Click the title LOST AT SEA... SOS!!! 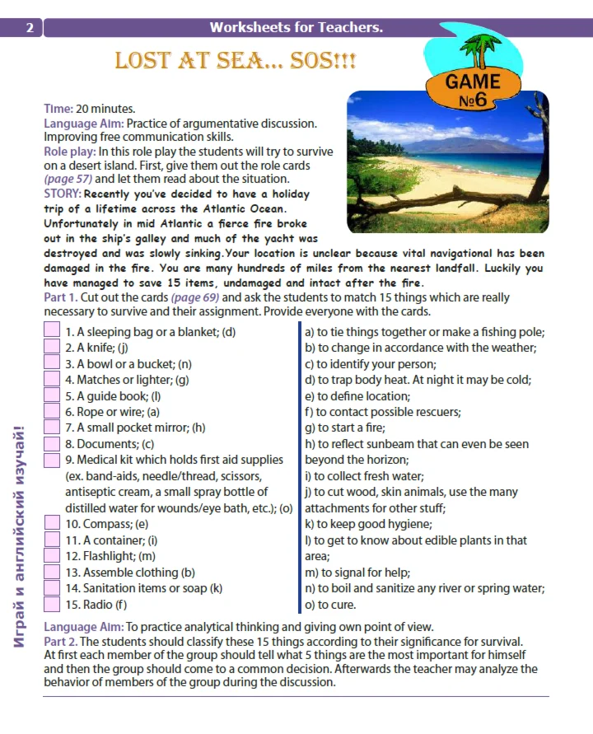point(235,62)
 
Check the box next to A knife point(51,348)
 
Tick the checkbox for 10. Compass point(51,523)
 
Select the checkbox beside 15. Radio point(51,604)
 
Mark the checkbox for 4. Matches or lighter point(51,380)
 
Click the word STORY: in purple point(62,194)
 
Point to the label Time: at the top point(58,108)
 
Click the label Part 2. point(61,641)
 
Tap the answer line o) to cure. point(331,605)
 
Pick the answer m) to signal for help point(357,573)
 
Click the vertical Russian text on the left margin point(22,535)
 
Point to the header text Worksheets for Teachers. point(296,28)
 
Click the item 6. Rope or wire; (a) point(112,412)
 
